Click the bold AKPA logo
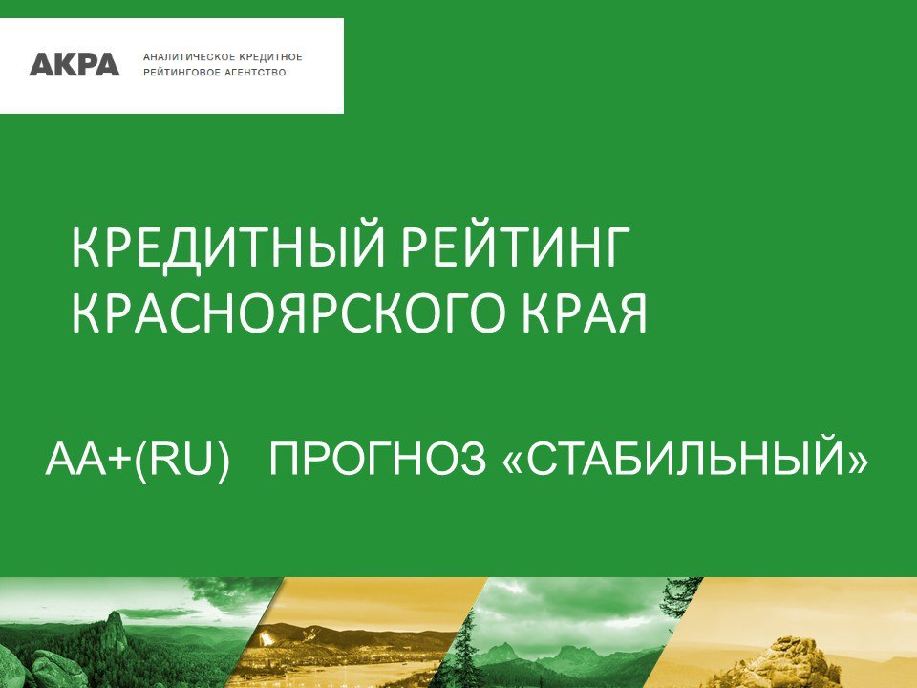[75, 64]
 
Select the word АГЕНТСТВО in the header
[258, 73]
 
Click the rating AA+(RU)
[137, 458]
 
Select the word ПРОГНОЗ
[377, 458]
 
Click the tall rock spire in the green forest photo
[116, 630]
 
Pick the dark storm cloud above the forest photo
[234, 592]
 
